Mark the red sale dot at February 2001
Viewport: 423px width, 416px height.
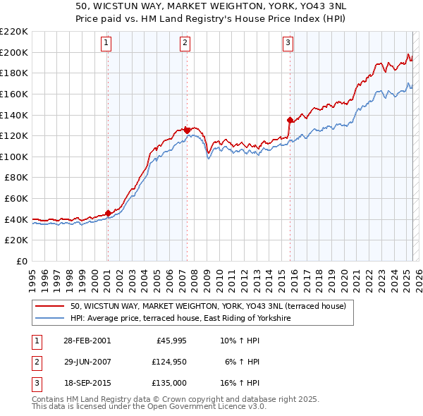[108, 213]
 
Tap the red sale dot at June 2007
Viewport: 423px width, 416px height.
[187, 130]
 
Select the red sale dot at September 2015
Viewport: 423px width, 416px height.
[290, 119]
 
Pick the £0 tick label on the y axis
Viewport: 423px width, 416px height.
[23, 262]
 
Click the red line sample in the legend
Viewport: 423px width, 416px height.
[50, 307]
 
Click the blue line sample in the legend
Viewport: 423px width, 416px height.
[50, 319]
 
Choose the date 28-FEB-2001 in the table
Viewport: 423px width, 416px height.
[87, 341]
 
